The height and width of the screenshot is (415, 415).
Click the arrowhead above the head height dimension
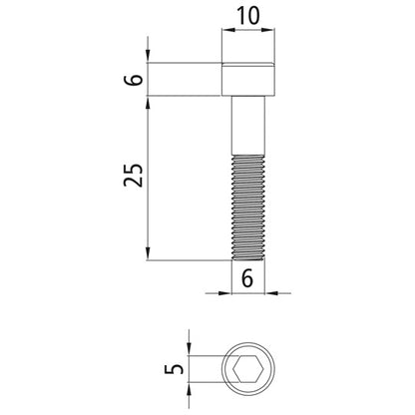click(x=149, y=55)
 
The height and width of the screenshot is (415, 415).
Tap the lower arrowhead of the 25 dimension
click(x=149, y=254)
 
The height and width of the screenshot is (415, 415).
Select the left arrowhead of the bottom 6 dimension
click(x=225, y=293)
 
